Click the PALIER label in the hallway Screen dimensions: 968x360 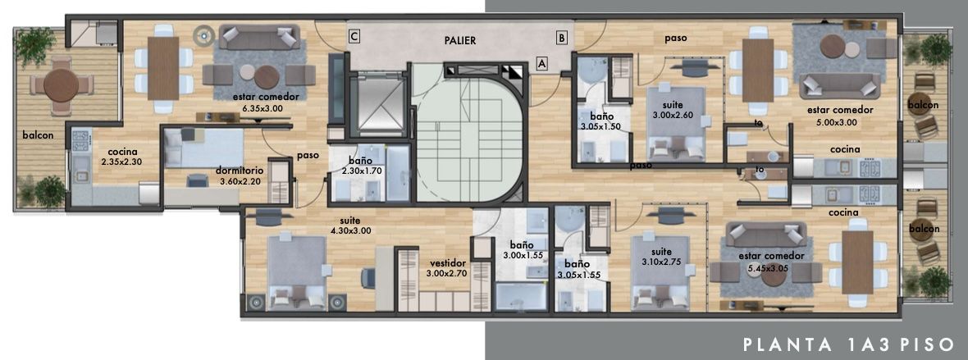click(460, 41)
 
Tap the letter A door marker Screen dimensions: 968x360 click(541, 63)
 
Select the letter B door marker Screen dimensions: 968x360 click(561, 38)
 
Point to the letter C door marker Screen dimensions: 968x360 click(354, 37)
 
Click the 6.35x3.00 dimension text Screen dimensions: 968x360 click(266, 107)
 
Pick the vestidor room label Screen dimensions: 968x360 click(448, 262)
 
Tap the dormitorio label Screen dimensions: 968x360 click(240, 171)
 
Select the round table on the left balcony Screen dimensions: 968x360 click(62, 85)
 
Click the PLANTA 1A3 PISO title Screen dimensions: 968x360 click(849, 344)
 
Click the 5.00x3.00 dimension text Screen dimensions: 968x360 click(832, 121)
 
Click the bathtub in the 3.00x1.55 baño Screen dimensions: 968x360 click(521, 296)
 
